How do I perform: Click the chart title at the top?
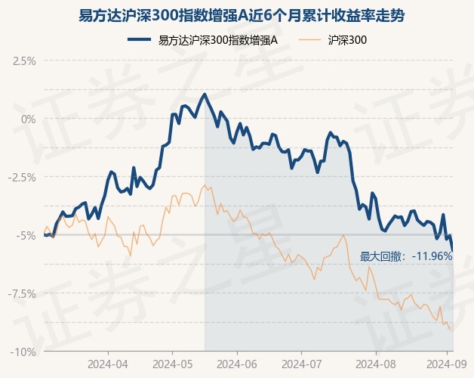tap(236, 15)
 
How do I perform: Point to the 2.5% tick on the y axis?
tap(24, 60)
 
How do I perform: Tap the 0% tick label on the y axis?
tap(29, 119)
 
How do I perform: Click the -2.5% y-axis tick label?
tap(23, 177)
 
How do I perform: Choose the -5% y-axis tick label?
tap(27, 235)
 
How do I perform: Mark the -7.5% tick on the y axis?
tap(23, 293)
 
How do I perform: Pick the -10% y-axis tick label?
tap(24, 352)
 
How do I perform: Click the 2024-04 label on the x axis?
tap(108, 363)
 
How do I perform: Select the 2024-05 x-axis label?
tap(172, 363)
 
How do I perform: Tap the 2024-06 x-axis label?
tap(237, 363)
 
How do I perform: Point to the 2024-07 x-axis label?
tap(300, 363)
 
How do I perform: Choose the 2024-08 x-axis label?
tap(365, 363)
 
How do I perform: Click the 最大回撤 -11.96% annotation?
tap(405, 256)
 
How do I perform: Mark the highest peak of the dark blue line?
tap(205, 94)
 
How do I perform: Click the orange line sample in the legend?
tap(309, 40)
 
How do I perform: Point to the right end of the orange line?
tap(451, 330)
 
